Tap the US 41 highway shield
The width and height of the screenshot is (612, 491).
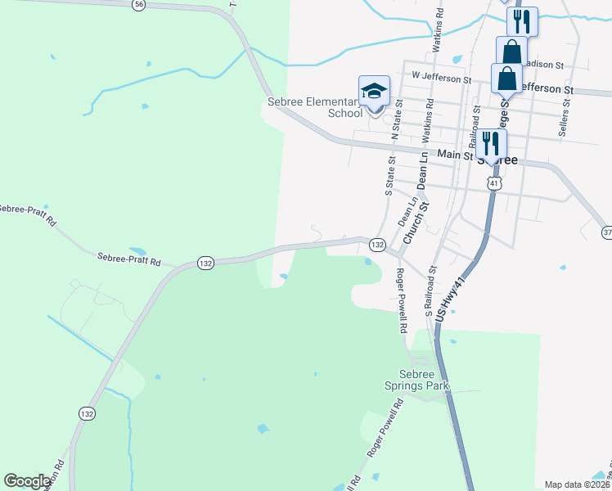coord(493,184)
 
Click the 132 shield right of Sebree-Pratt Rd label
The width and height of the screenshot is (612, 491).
coord(205,263)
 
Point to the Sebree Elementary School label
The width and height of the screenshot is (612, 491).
coord(315,107)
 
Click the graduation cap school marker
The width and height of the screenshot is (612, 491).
coord(374,91)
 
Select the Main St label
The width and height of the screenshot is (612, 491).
coord(456,154)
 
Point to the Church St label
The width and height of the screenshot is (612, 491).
coord(417,222)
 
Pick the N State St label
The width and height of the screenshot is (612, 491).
coord(398,119)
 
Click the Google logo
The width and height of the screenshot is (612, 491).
coord(27,481)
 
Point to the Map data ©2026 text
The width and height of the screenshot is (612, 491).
coord(577,484)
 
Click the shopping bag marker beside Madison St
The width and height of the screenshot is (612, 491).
coord(511,51)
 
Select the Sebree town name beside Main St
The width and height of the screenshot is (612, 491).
coord(497,161)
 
